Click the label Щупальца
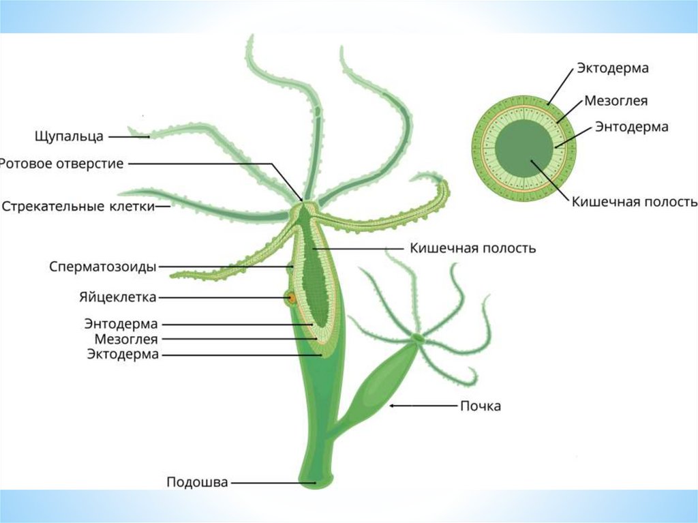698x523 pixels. tap(69, 136)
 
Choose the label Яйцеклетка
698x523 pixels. tap(117, 297)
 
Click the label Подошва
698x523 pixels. tap(197, 482)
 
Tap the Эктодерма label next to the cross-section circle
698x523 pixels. tap(612, 68)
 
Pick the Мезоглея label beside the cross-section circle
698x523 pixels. tap(616, 101)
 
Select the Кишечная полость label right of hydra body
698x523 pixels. tap(472, 248)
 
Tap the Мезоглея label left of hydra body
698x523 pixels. tap(125, 339)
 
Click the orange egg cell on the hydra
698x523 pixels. tap(291, 298)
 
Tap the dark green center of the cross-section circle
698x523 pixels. tap(523, 149)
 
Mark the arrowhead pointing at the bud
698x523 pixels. tap(393, 406)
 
